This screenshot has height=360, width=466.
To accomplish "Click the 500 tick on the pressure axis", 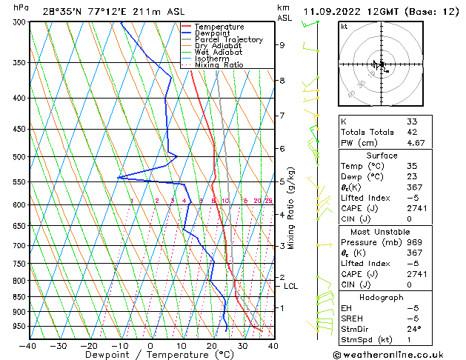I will [x=18, y=157].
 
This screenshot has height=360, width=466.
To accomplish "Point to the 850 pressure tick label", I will [x=18, y=297].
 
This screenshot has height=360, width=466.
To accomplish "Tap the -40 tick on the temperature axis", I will [x=28, y=345].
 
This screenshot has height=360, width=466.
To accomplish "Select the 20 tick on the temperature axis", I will [x=212, y=345].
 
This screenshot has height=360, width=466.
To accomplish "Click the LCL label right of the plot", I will [x=291, y=286].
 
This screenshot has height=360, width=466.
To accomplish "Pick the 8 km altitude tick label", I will [x=282, y=80].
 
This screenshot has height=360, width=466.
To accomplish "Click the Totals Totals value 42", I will [x=412, y=132].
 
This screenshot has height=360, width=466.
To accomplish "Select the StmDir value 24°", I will [x=414, y=329].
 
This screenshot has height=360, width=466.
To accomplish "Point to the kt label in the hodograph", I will [x=344, y=27].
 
